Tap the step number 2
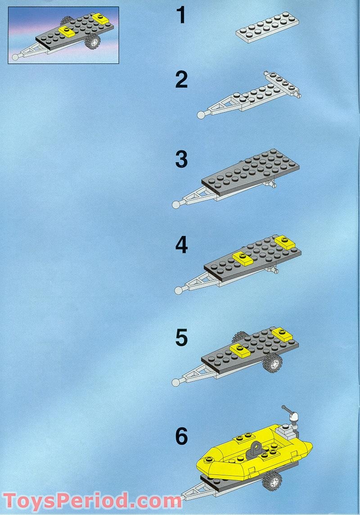click(181, 80)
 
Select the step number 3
click(181, 160)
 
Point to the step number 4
click(181, 245)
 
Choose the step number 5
click(181, 339)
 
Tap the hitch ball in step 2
click(201, 115)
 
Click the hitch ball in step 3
click(176, 204)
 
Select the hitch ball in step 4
click(179, 290)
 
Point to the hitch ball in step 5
click(175, 382)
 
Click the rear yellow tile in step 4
click(284, 241)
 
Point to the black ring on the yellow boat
click(256, 448)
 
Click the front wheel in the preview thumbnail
click(93, 41)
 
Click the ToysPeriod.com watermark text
click(92, 501)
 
